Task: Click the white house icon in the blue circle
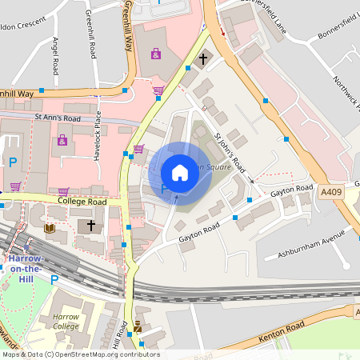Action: tap(179, 172)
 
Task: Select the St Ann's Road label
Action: tap(57, 117)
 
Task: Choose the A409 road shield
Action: tap(330, 192)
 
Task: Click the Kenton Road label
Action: tap(282, 328)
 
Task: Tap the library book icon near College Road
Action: tap(50, 228)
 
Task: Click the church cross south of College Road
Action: tap(92, 226)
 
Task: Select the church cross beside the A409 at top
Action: tap(203, 58)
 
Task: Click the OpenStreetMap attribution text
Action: tap(80, 354)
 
